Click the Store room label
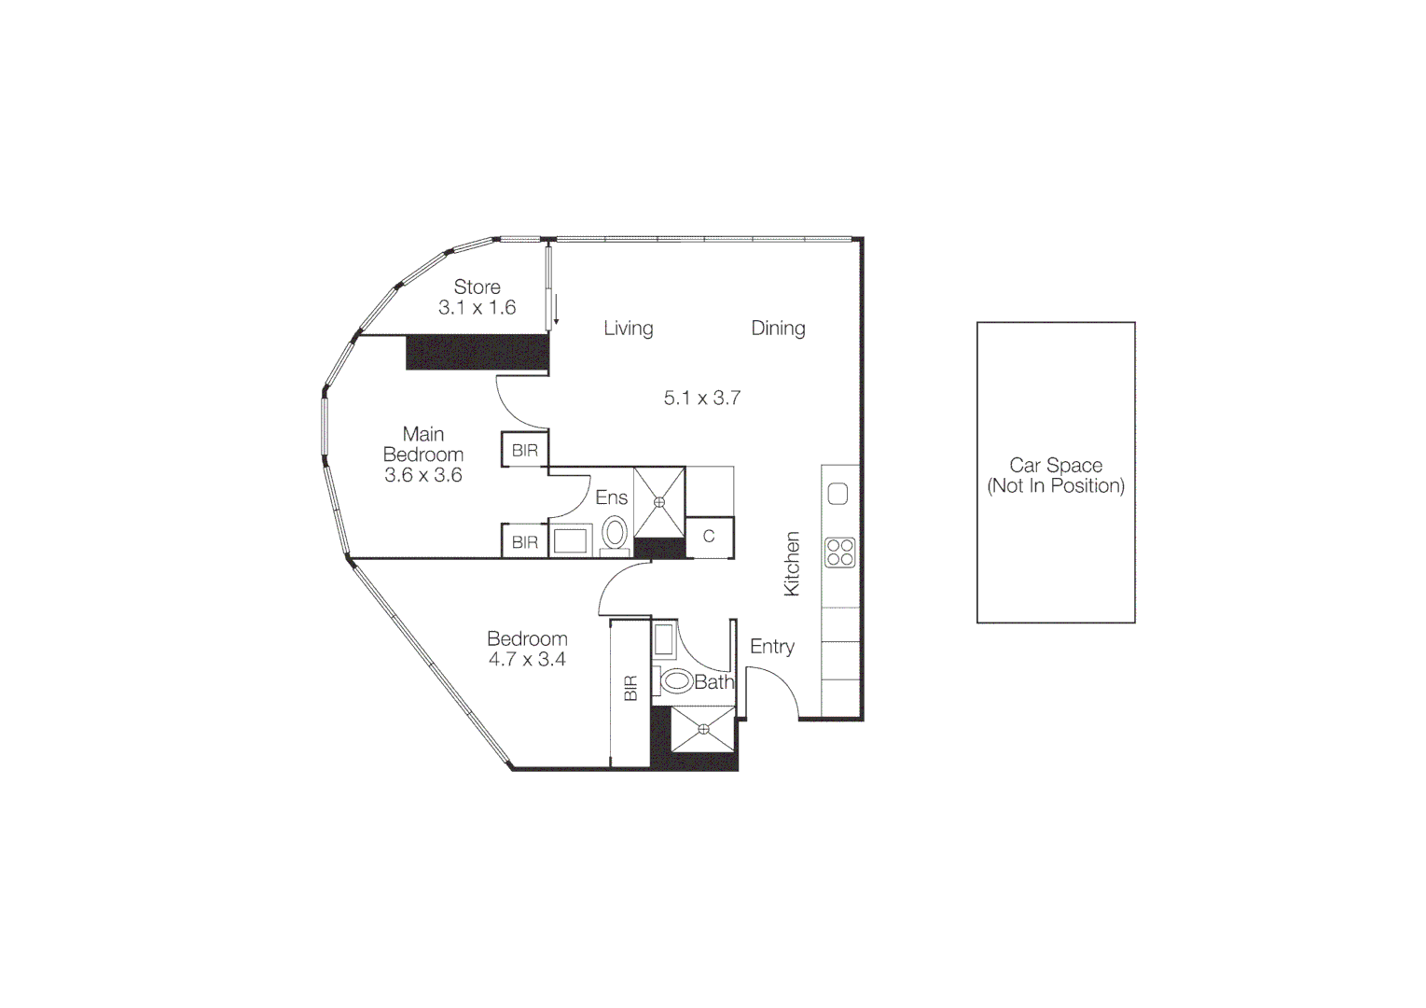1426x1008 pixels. pos(477,287)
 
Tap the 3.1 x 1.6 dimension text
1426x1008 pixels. pos(477,307)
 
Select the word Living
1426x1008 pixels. pos(628,328)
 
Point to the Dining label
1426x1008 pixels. pos(778,328)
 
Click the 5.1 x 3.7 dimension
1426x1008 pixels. pos(701,398)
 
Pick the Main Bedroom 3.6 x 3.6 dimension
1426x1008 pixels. pos(423,474)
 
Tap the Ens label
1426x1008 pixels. pos(611,497)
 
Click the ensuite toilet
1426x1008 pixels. pos(615,535)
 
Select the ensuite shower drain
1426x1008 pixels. pos(659,502)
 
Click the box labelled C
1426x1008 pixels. pos(709,537)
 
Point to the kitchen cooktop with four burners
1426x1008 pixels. pos(839,552)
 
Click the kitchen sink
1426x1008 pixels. pos(838,493)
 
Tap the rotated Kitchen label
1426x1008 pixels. pos(792,564)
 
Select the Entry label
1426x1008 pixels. pos(772,646)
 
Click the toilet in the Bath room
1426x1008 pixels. pos(675,681)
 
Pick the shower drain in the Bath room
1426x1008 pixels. pos(703,729)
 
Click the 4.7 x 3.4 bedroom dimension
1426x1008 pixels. pos(527,659)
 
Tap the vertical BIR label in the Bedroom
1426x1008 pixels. pos(630,688)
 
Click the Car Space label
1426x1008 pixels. pos(1056,465)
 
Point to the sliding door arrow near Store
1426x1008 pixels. pos(556,310)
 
